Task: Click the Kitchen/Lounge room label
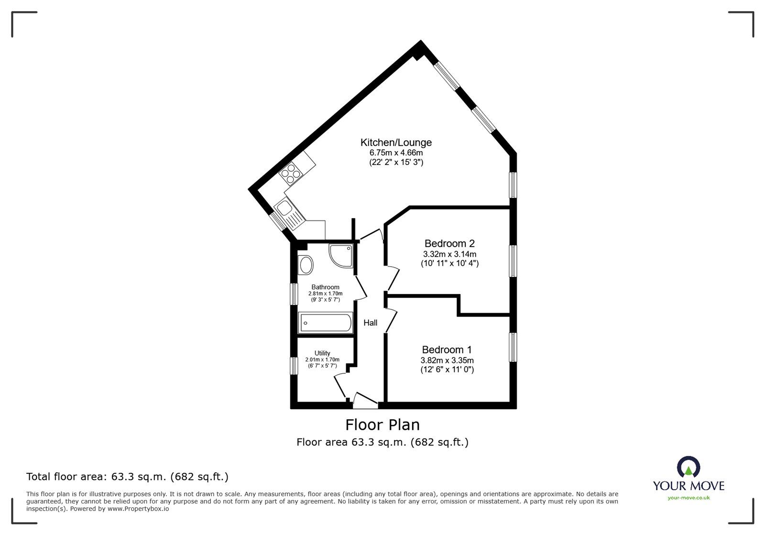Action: [x=396, y=142]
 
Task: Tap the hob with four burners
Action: [x=290, y=174]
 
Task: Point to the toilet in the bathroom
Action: [x=305, y=264]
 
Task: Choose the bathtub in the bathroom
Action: [x=325, y=323]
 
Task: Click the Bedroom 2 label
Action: [x=449, y=244]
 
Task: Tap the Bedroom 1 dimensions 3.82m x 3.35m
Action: [x=447, y=360]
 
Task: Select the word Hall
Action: [x=370, y=323]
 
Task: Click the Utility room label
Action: [x=322, y=353]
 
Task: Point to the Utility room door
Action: [x=340, y=385]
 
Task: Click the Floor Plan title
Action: [x=382, y=425]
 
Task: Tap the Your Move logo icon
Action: [x=688, y=467]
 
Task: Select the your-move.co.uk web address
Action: [x=688, y=498]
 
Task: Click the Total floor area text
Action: [x=127, y=477]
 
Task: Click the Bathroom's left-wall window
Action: [x=295, y=293]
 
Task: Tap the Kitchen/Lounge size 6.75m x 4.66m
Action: [x=396, y=153]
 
